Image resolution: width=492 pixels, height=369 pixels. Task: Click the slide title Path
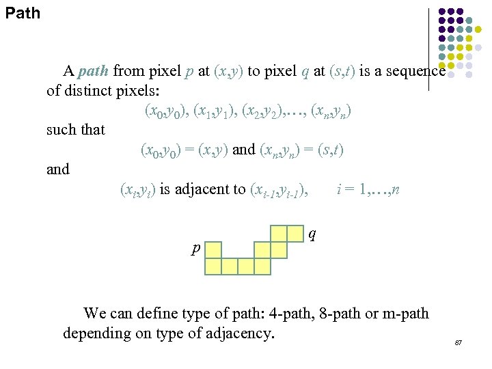click(x=23, y=12)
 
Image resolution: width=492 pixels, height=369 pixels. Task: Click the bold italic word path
click(x=94, y=70)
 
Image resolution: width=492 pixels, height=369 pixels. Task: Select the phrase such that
click(x=75, y=129)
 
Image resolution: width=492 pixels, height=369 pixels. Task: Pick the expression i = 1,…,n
click(x=368, y=189)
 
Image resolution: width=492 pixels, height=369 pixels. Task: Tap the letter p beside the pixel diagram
click(x=195, y=249)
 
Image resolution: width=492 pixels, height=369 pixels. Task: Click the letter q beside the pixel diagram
click(x=312, y=234)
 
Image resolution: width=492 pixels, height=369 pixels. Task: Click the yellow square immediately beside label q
click(x=295, y=233)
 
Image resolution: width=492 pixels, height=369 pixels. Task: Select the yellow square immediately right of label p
click(x=214, y=249)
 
